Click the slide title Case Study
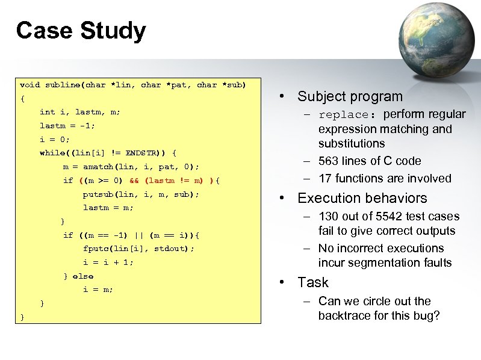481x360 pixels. click(x=81, y=31)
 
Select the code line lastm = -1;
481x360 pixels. click(x=67, y=125)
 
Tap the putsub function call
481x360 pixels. click(x=99, y=194)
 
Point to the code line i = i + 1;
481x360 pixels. click(x=108, y=262)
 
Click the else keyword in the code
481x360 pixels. click(x=83, y=276)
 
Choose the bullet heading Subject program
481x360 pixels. click(x=350, y=96)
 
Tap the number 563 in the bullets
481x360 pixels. click(x=330, y=161)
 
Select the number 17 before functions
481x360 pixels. click(x=325, y=178)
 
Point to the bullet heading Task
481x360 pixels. click(x=313, y=282)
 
